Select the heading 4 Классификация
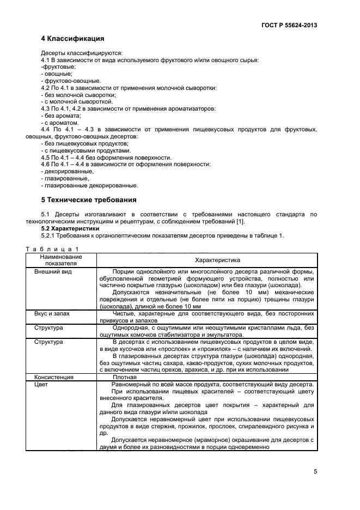[x=72, y=39]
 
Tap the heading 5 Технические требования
[x=89, y=199]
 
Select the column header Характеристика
[x=206, y=260]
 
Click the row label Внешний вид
[x=53, y=271]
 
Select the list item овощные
[x=57, y=74]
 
